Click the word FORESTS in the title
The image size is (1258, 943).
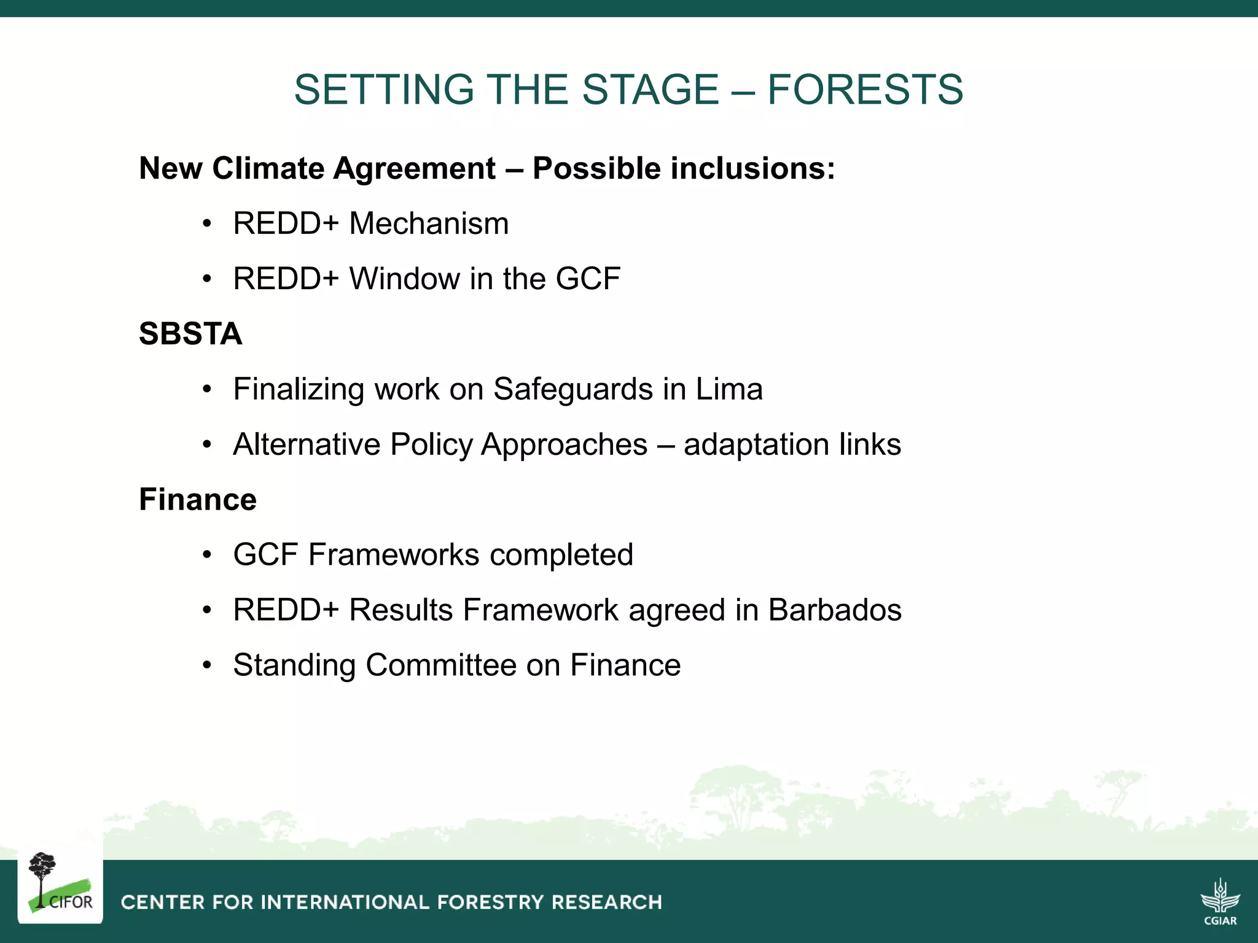tap(865, 90)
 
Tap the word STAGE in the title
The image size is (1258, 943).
tap(650, 90)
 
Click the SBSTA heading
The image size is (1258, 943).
tap(190, 334)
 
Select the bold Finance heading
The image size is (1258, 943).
tap(198, 499)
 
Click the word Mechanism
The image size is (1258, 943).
tap(429, 223)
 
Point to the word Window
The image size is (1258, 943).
tap(405, 279)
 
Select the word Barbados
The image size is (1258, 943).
tap(835, 610)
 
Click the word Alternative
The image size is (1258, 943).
tap(307, 444)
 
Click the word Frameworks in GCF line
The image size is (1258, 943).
tap(394, 555)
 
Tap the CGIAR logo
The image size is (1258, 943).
tap(1220, 901)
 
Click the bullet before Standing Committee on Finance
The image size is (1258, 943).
tap(208, 666)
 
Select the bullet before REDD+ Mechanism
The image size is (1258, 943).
tap(208, 223)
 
